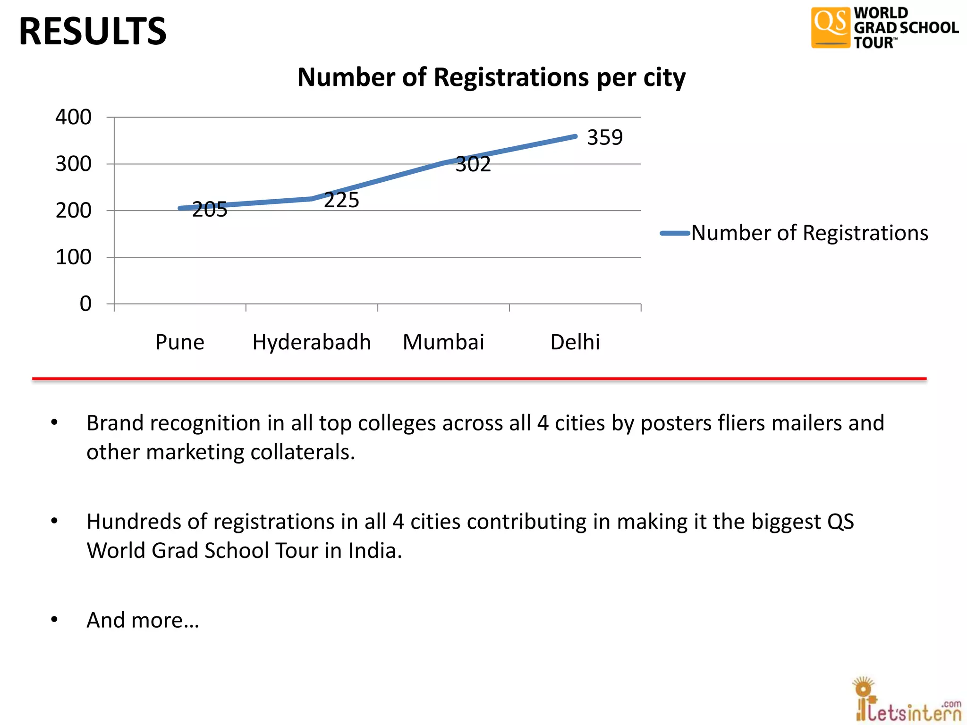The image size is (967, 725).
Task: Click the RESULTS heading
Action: [x=93, y=31]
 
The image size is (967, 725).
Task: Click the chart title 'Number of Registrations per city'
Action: [x=491, y=77]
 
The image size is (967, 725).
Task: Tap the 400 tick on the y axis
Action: [x=73, y=117]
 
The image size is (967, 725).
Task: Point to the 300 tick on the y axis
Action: [x=73, y=164]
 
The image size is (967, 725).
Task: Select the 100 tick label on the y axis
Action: [x=73, y=257]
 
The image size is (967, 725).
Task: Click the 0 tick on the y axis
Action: [x=85, y=303]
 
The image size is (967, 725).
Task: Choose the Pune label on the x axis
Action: [x=180, y=342]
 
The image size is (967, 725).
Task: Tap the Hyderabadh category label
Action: [x=311, y=342]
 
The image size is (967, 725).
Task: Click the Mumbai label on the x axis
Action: [x=443, y=342]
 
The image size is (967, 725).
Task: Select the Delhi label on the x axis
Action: [x=575, y=342]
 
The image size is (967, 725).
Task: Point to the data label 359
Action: [x=605, y=137]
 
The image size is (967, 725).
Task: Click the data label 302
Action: [x=473, y=164]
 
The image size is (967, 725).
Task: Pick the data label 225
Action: [x=341, y=200]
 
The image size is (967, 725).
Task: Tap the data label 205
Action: [x=210, y=210]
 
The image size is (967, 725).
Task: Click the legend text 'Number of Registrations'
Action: [x=809, y=233]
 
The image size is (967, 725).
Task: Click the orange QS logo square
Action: [x=830, y=27]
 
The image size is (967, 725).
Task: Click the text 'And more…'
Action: [x=143, y=620]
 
